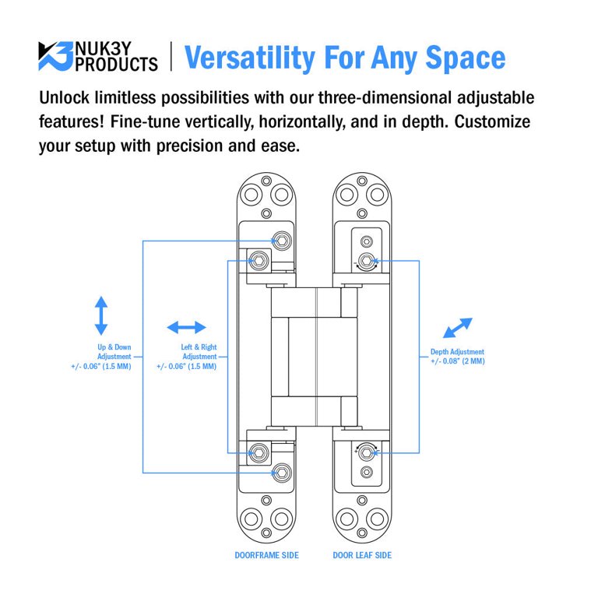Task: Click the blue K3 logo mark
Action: (55, 56)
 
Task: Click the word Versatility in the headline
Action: (250, 58)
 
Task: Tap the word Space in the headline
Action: (466, 58)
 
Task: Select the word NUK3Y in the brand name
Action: (103, 48)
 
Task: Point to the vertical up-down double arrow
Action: (101, 315)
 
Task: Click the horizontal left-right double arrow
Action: (187, 327)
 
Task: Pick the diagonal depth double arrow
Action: (458, 328)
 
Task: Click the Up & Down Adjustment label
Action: (114, 352)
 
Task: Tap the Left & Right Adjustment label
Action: (199, 352)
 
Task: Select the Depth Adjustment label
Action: (457, 352)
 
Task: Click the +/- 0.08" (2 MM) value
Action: (458, 361)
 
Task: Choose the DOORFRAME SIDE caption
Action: (266, 555)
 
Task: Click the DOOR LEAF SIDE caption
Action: (362, 555)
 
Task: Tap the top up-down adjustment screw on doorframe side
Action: (282, 241)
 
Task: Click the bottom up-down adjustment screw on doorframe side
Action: (282, 473)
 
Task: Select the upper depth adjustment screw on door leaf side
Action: (367, 261)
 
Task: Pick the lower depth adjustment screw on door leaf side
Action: (367, 452)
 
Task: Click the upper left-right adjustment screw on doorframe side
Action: (259, 261)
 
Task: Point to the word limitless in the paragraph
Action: (125, 98)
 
